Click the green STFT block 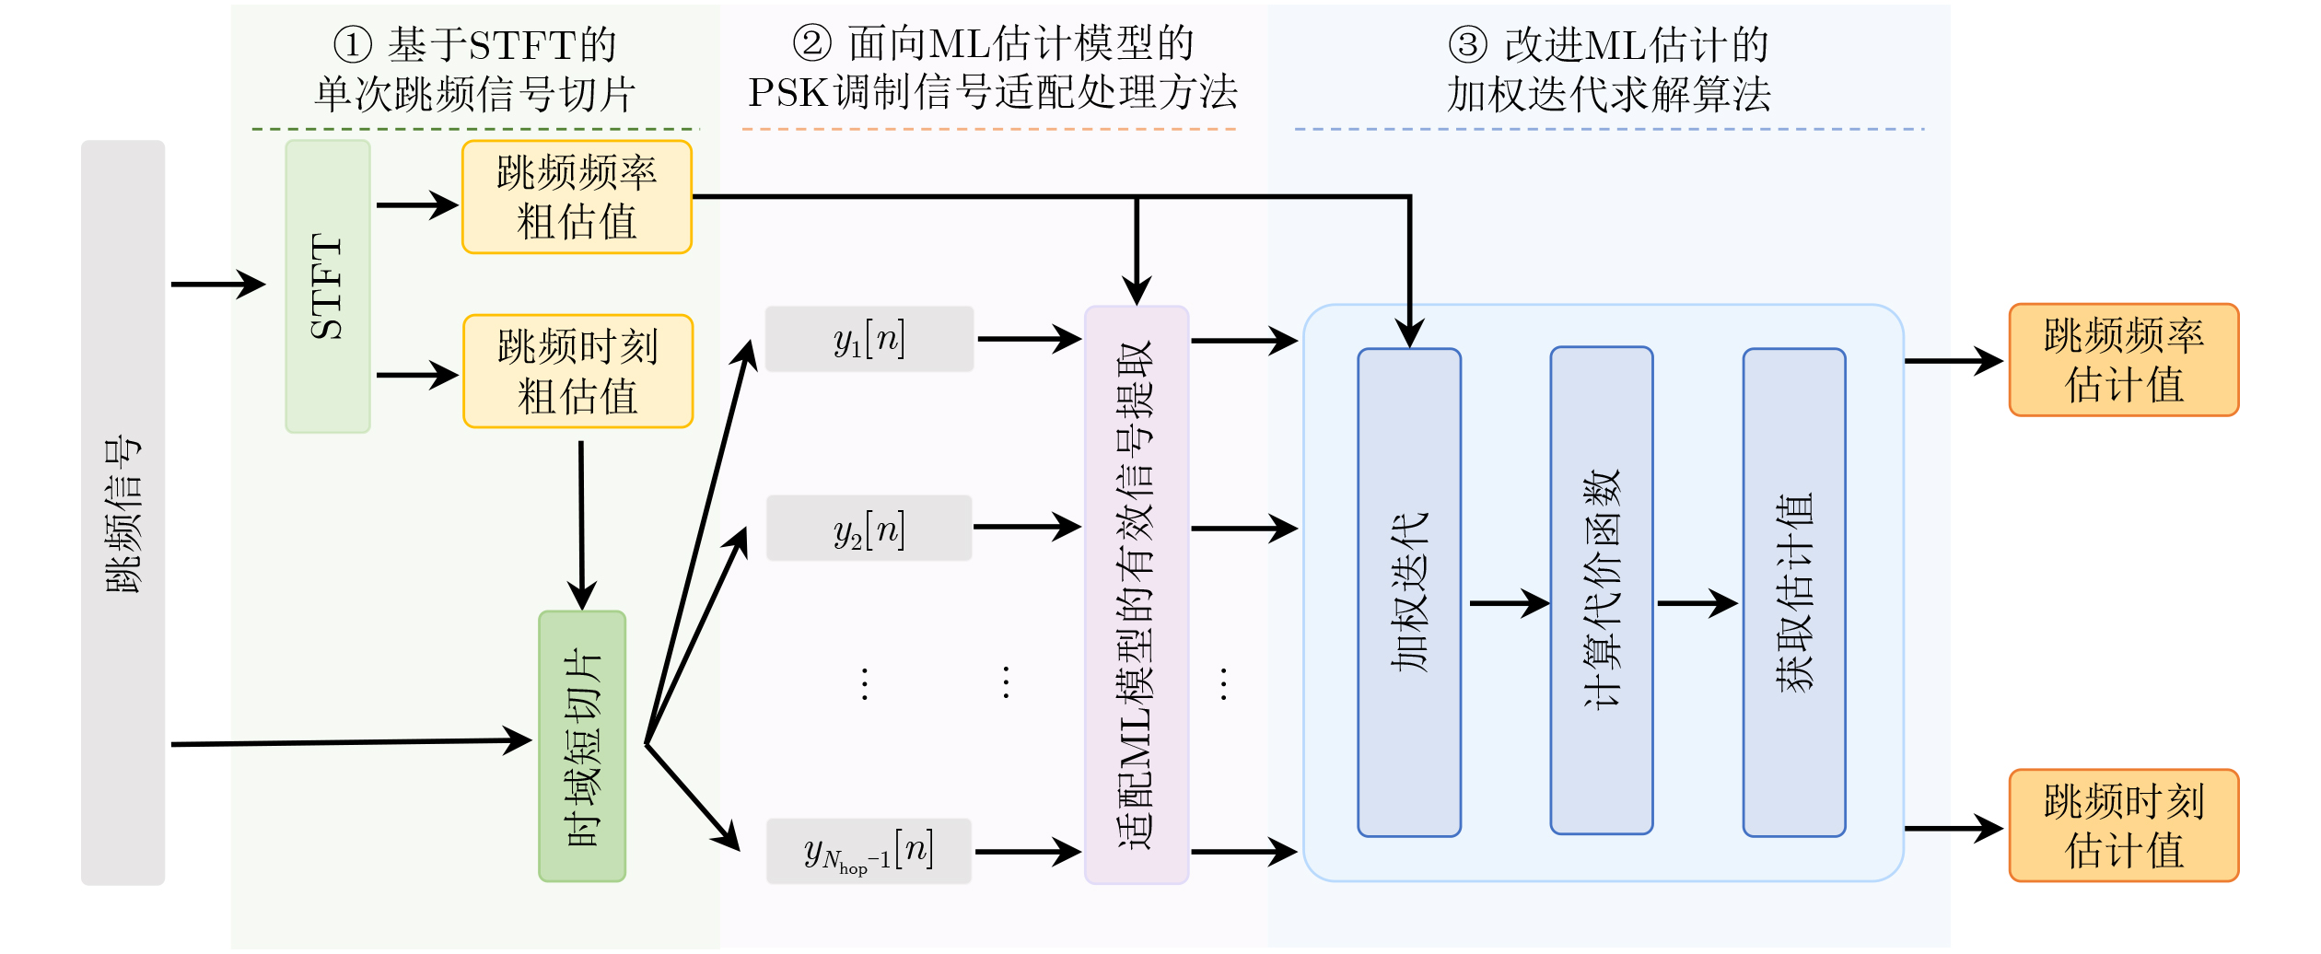[327, 286]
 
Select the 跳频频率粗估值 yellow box [577, 197]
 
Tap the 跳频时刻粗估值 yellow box [577, 371]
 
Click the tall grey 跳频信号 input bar [122, 512]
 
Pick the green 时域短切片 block [582, 747]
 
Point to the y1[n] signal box [869, 339]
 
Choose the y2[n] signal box [869, 529]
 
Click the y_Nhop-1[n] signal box [869, 852]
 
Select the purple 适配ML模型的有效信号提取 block [1137, 595]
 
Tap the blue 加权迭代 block [1409, 592]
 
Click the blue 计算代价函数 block [1601, 590]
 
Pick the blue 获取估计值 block [1793, 592]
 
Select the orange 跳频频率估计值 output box [2123, 360]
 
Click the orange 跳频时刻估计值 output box [2123, 826]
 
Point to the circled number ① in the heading [352, 44]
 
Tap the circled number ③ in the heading [1467, 44]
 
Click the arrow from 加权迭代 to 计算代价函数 [1508, 603]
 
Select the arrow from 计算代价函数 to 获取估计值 [1697, 603]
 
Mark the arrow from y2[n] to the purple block [1026, 527]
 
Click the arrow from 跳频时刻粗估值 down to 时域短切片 [581, 525]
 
